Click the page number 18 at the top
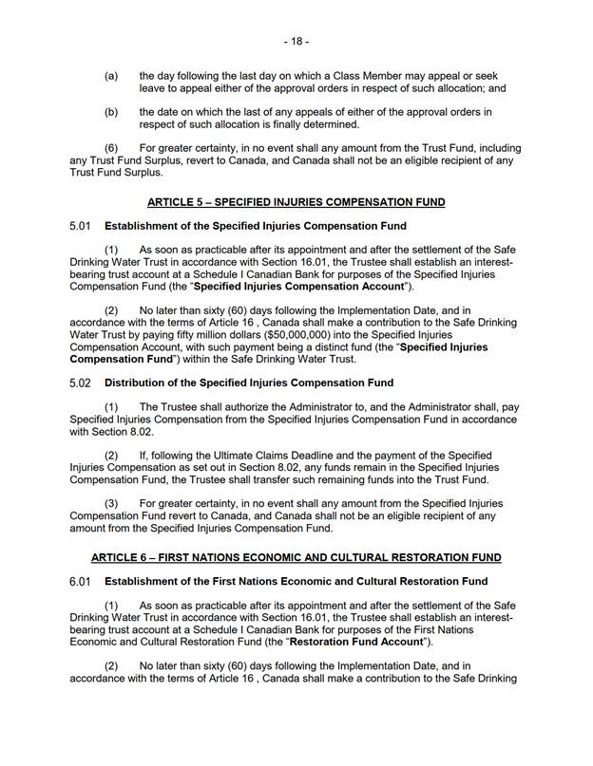pos(296,42)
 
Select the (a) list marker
pos(111,75)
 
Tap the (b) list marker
pos(111,112)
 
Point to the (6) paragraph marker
pos(111,149)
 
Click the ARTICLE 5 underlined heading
pos(296,202)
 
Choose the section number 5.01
pos(80,226)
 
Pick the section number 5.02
pos(80,383)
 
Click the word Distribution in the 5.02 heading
pos(137,383)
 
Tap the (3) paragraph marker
pos(111,502)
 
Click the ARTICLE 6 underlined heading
pos(296,556)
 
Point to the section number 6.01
pos(80,581)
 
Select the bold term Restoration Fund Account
pos(349,641)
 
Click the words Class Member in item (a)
pos(415,75)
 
